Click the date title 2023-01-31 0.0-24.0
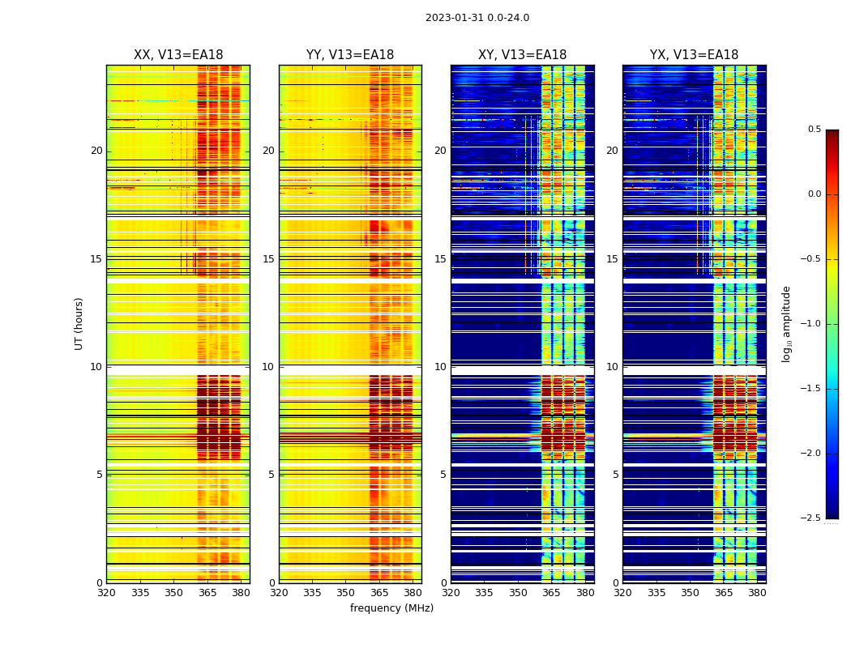click(477, 18)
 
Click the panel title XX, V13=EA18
click(178, 55)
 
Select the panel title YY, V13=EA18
click(350, 55)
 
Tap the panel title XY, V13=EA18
click(522, 55)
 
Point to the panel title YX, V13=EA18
click(694, 55)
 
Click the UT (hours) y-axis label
click(79, 323)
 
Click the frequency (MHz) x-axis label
click(391, 608)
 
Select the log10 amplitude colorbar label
click(786, 323)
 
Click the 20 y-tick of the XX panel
click(96, 151)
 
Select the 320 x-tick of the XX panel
click(106, 592)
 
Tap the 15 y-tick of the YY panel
click(269, 259)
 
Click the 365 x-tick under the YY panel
click(379, 592)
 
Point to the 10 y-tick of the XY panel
click(441, 367)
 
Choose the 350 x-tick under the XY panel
click(518, 592)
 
